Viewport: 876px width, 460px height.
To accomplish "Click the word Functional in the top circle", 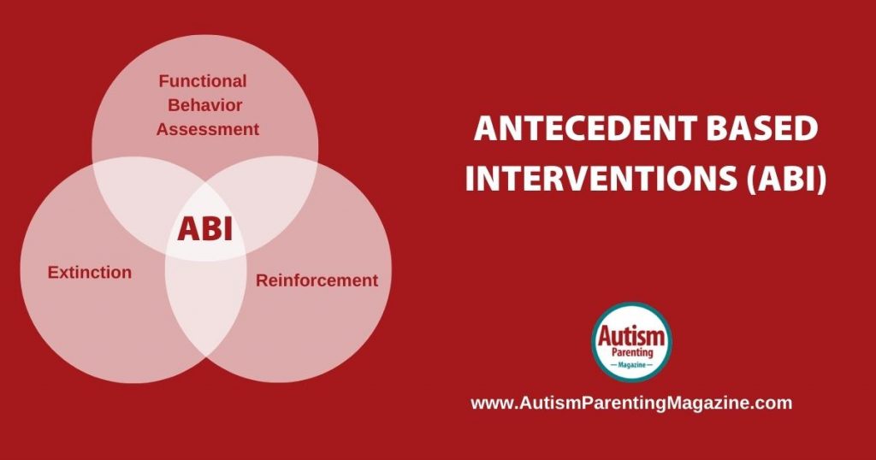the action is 202,81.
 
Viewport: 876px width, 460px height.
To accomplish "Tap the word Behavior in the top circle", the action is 205,105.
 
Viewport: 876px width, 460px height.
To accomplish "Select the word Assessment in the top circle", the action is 208,129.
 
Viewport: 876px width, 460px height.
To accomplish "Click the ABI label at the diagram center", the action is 204,229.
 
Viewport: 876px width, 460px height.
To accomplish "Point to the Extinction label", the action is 89,273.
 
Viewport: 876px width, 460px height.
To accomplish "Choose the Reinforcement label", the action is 317,280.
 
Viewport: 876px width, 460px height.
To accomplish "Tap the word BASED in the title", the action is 762,128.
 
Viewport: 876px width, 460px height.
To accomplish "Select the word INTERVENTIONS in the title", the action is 601,179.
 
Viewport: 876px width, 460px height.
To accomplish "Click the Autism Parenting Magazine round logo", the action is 631,342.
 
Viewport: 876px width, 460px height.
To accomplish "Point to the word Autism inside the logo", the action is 631,336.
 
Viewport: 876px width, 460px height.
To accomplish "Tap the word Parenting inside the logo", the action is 632,353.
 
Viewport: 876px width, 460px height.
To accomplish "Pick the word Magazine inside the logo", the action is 632,364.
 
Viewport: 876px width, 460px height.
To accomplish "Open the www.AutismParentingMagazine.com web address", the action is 631,403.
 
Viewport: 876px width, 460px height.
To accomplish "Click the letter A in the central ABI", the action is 186,229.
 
